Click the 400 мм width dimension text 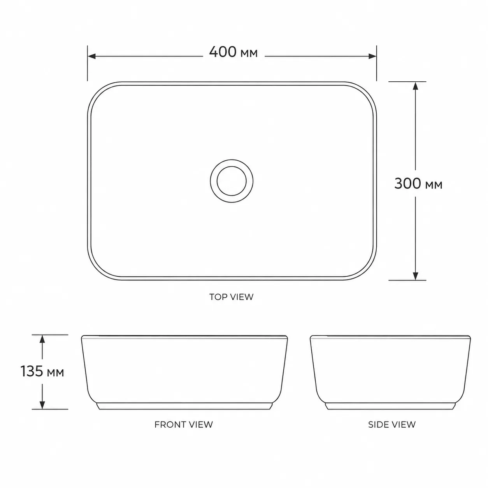233,52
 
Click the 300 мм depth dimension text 418,184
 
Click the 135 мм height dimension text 42,372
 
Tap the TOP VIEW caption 231,297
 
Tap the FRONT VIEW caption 184,424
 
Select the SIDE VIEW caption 392,424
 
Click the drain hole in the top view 232,181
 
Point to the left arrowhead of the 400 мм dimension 91,56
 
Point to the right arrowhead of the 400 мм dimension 372,56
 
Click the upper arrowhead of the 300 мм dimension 415,86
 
